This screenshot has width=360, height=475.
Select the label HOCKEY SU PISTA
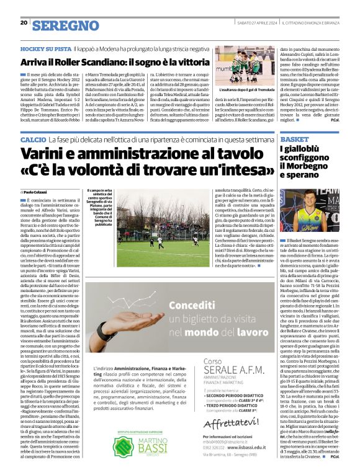44,48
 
